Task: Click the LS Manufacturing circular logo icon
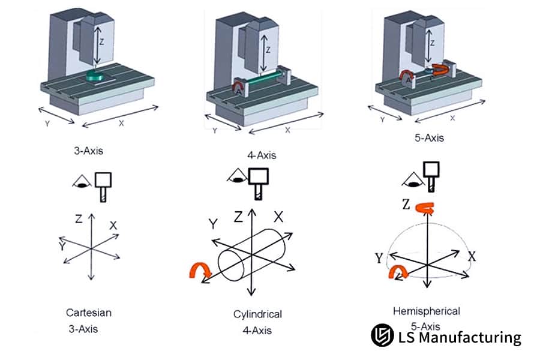[x=382, y=336]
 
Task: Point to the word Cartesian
[x=89, y=313]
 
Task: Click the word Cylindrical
[x=257, y=314]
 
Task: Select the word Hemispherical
[x=426, y=311]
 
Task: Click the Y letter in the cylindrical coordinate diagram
[x=212, y=224]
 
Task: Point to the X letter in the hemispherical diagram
[x=472, y=256]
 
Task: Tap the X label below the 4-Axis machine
[x=287, y=129]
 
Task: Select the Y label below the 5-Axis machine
[x=382, y=119]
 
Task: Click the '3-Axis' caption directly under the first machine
[x=89, y=151]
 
